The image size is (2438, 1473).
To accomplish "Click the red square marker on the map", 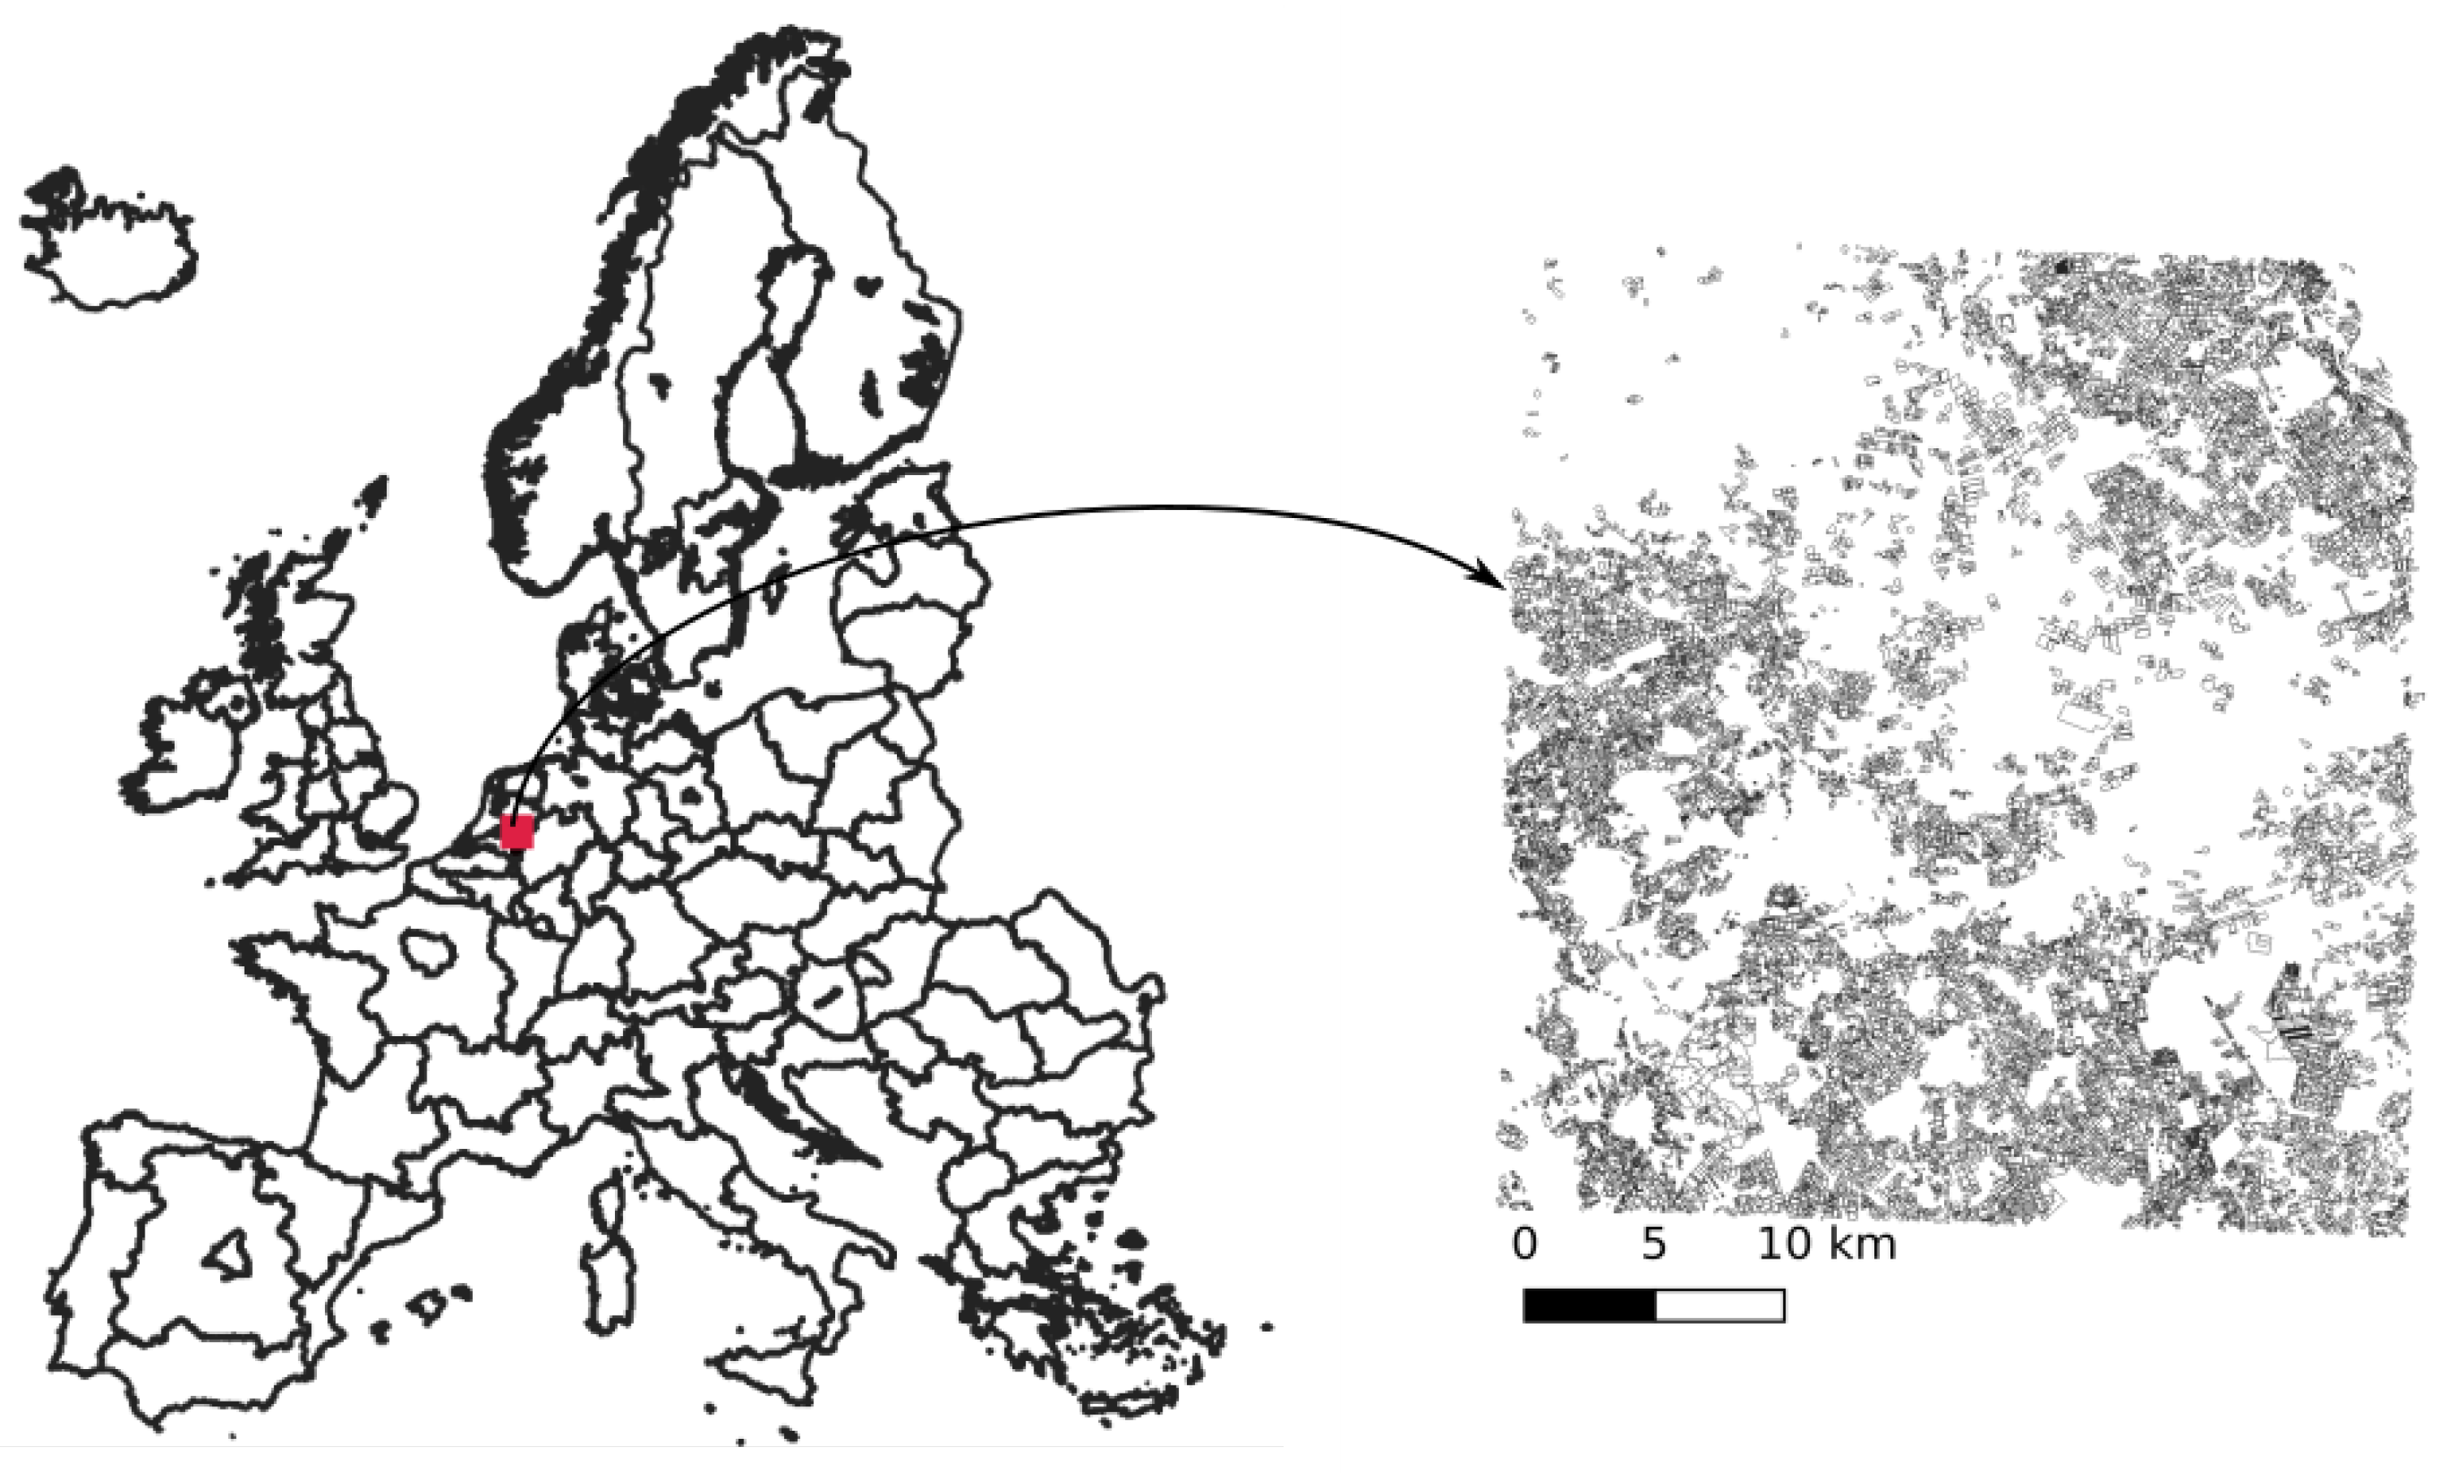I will [x=517, y=832].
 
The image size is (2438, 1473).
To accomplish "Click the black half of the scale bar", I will [x=1589, y=1306].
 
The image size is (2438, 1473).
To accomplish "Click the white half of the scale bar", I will [x=1720, y=1306].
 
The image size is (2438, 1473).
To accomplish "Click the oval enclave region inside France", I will [x=427, y=951].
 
